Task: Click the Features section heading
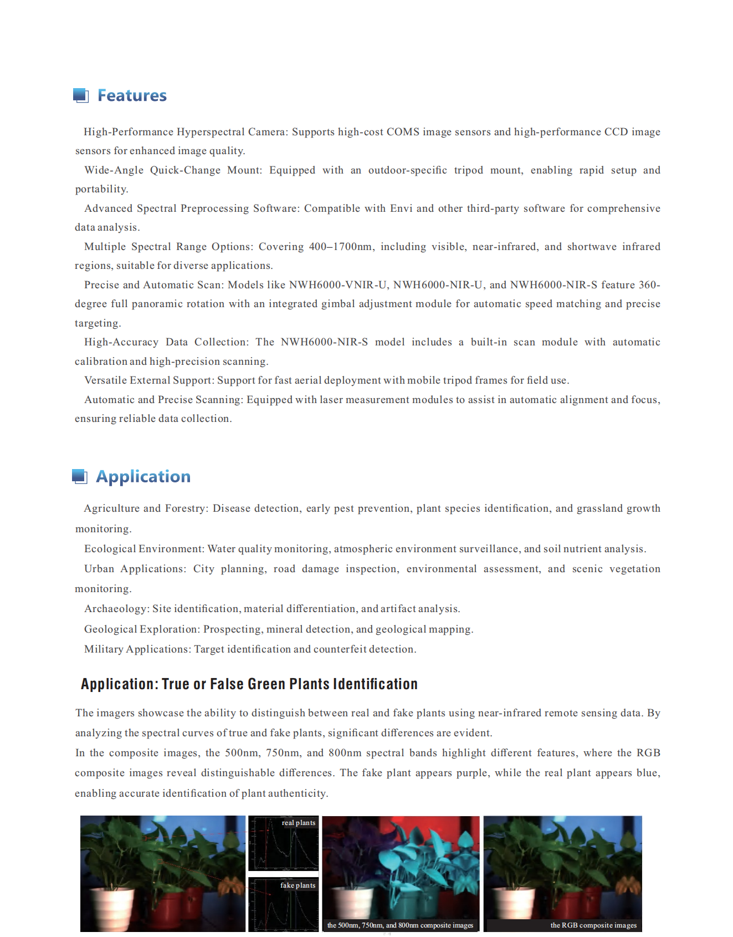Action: [x=132, y=95]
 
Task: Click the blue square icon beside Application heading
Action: [x=80, y=476]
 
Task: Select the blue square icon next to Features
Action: [x=81, y=95]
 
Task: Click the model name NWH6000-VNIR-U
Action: [x=338, y=285]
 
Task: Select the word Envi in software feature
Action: [x=401, y=208]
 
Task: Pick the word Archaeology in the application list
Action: [x=115, y=609]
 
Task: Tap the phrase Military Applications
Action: [x=137, y=649]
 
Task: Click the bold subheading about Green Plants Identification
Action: [x=249, y=684]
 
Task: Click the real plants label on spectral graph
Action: [x=298, y=823]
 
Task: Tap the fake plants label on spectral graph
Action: [x=298, y=885]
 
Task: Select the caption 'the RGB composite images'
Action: [x=593, y=925]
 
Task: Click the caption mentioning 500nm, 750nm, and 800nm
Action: [x=400, y=925]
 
